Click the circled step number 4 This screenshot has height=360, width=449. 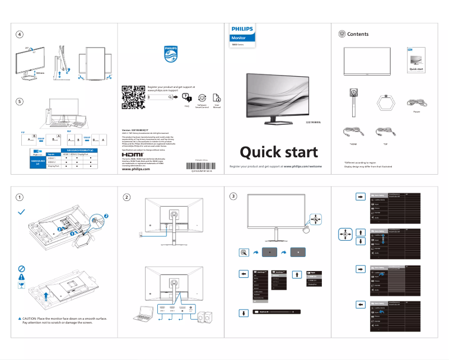(20, 34)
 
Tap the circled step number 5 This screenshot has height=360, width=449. (20, 101)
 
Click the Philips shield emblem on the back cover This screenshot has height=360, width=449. (170, 54)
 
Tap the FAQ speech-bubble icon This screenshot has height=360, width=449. (186, 97)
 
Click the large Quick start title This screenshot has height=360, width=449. (279, 152)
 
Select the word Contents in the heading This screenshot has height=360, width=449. (358, 34)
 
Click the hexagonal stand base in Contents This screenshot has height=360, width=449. (386, 102)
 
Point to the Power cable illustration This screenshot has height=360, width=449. (417, 103)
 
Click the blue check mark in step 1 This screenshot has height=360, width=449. (21, 212)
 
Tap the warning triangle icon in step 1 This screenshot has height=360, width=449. (21, 276)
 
